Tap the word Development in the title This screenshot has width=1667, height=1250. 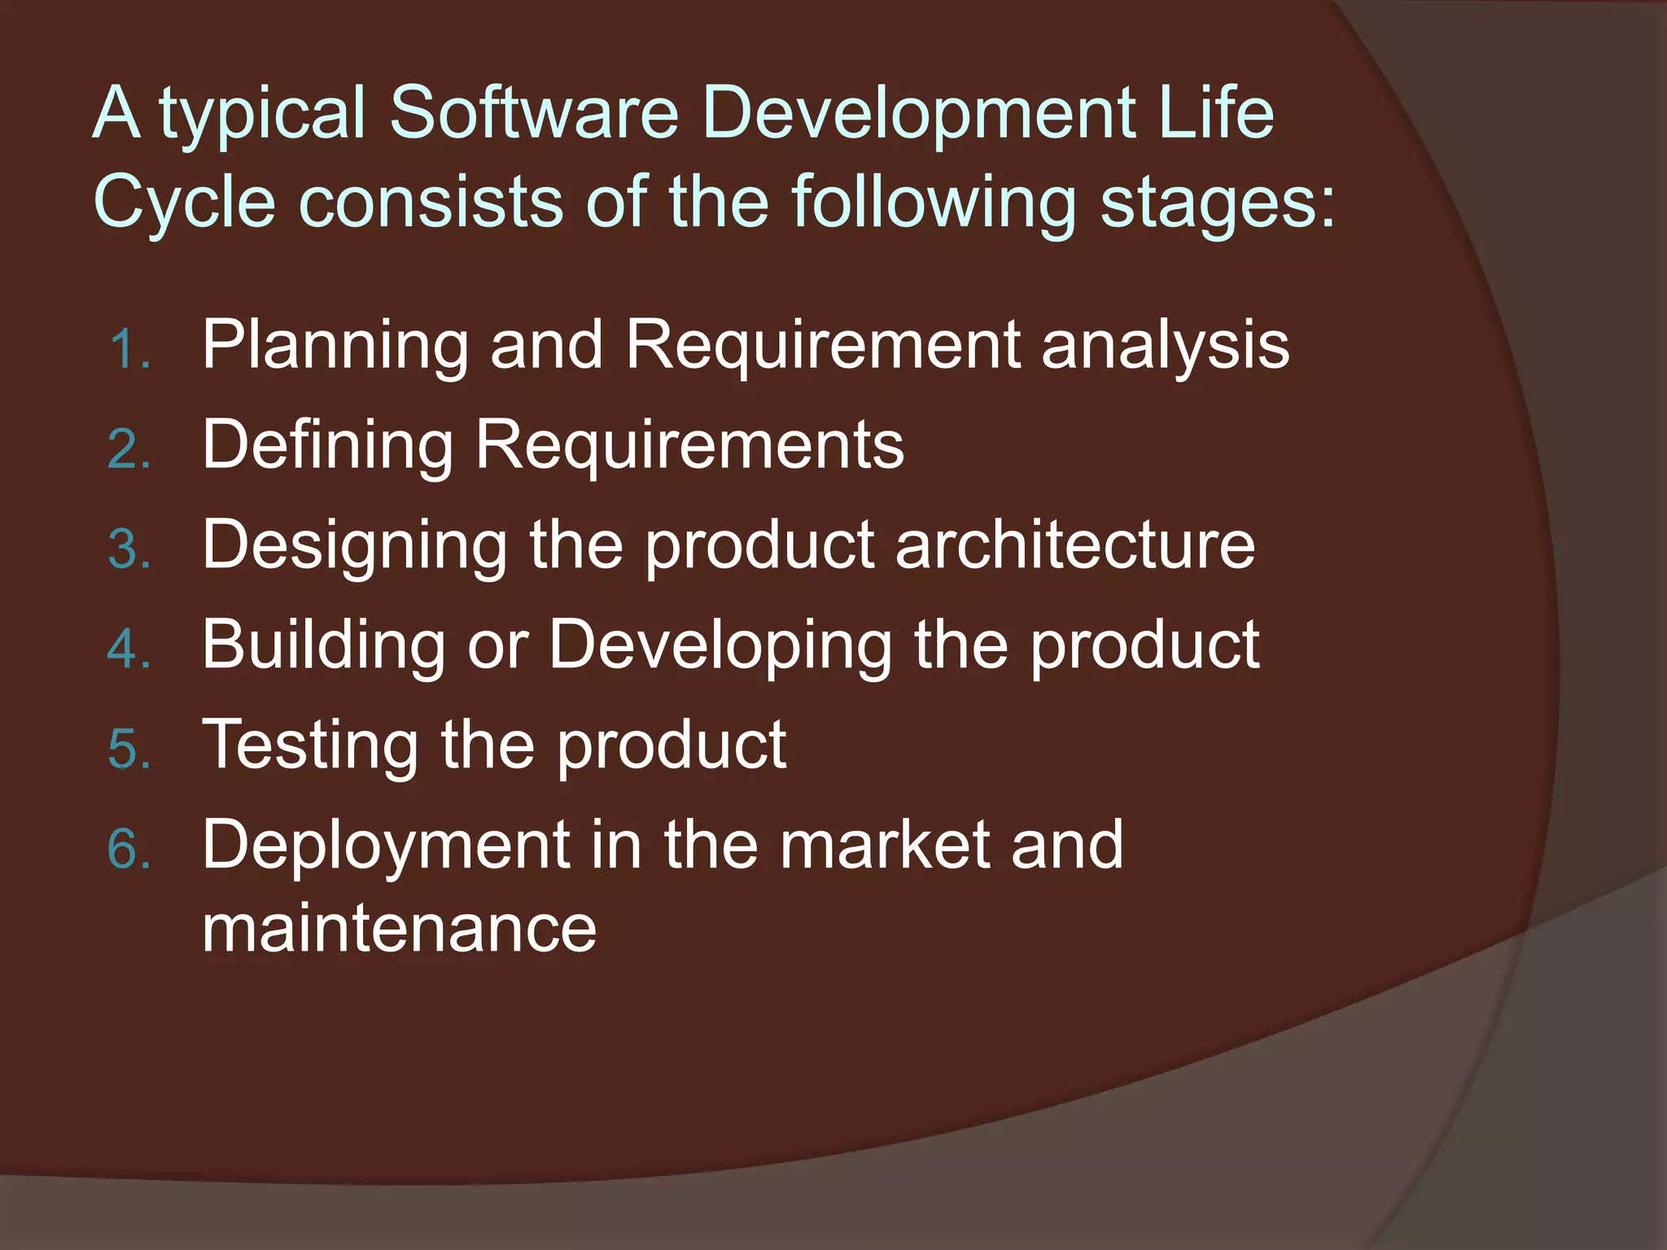[917, 114]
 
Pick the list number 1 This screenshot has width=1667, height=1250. [128, 350]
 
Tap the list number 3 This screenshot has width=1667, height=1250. [129, 549]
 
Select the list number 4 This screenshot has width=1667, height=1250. [129, 649]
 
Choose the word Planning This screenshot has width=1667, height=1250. [335, 347]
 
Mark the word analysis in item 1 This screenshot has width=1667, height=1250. [1165, 347]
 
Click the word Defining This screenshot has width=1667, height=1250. [327, 447]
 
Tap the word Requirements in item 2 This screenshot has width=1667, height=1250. [689, 447]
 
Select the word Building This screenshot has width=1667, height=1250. [324, 646]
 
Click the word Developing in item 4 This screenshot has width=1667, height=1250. [720, 646]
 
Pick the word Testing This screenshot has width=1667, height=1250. [309, 746]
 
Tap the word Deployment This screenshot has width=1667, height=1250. [387, 846]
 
